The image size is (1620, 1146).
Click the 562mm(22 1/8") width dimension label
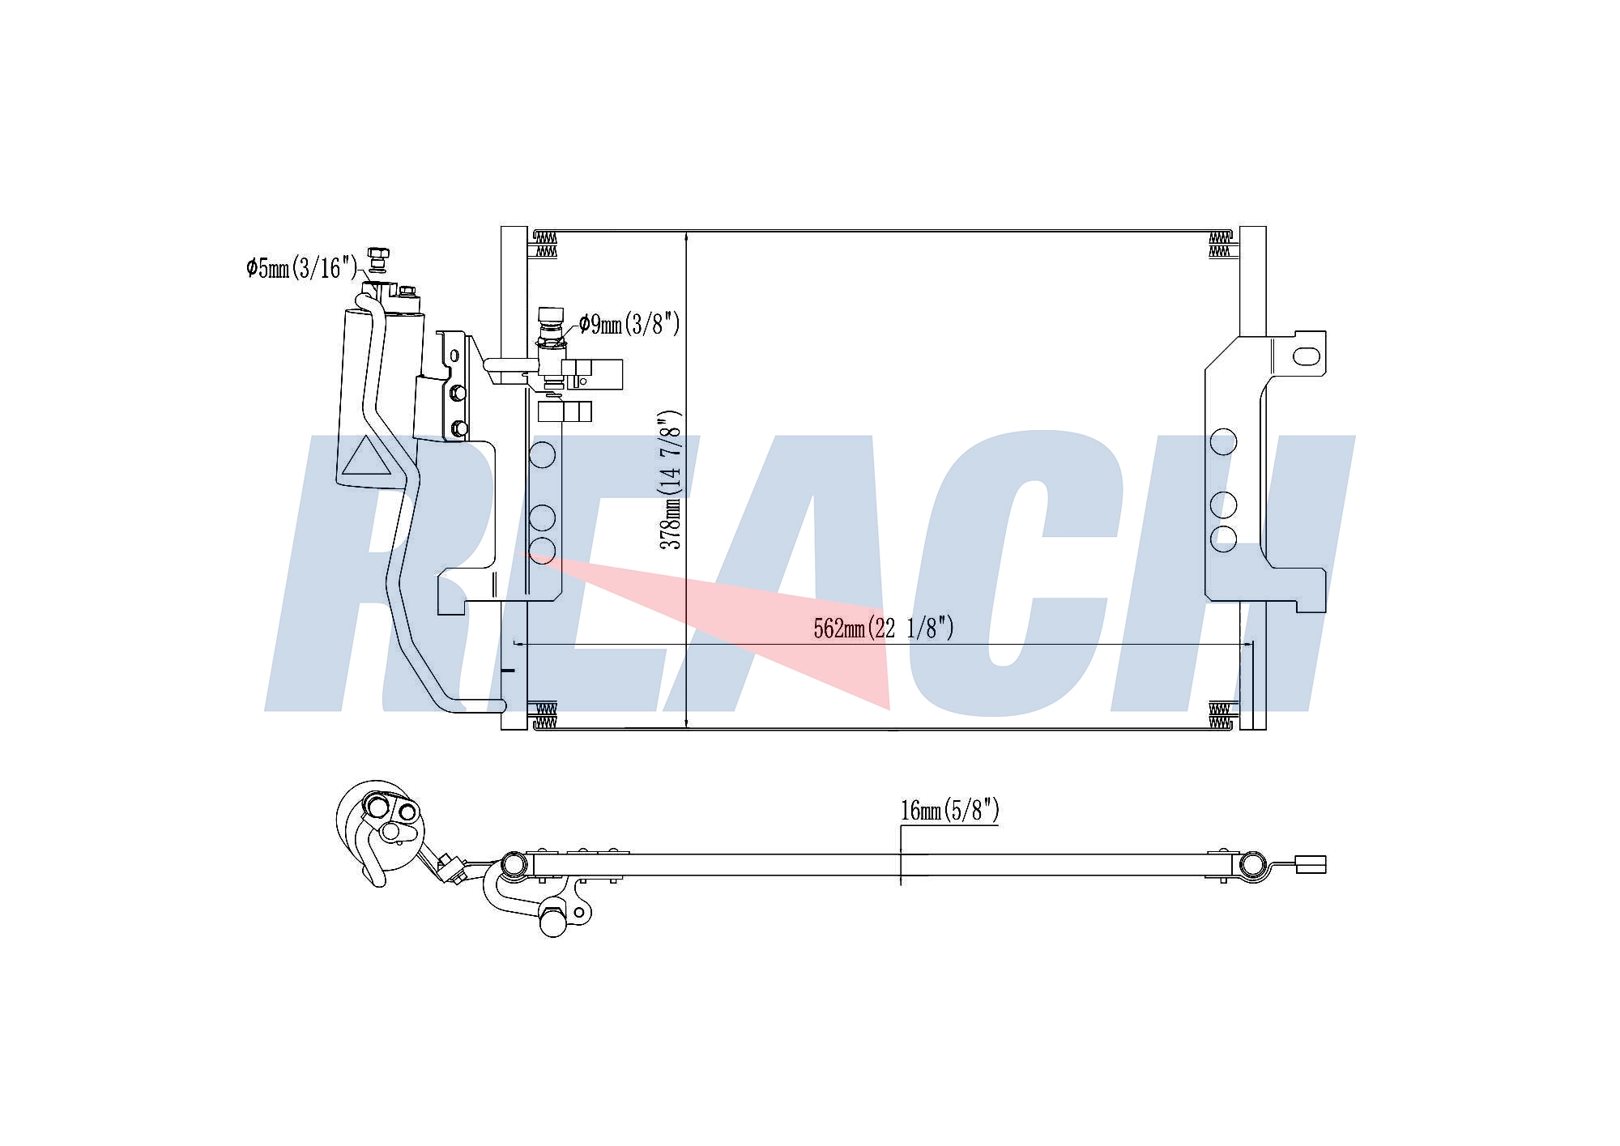884,628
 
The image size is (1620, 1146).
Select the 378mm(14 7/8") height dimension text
671,480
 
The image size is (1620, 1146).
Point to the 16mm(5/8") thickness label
950,810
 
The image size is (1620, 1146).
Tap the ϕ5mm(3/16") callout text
301,267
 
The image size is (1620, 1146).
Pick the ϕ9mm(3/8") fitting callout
629,325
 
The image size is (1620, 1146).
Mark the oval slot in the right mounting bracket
1307,356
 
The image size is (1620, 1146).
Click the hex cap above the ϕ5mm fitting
376,255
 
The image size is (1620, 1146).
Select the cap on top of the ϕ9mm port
551,314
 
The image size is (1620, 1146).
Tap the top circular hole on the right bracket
1223,442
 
